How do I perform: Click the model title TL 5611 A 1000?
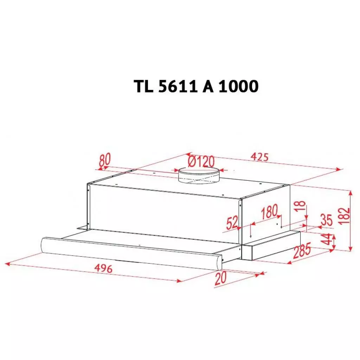point(196,86)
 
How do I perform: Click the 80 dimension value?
point(104,160)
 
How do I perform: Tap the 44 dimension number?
point(327,240)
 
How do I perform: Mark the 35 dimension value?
point(326,220)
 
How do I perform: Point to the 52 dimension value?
point(232,223)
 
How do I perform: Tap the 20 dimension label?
point(220,278)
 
